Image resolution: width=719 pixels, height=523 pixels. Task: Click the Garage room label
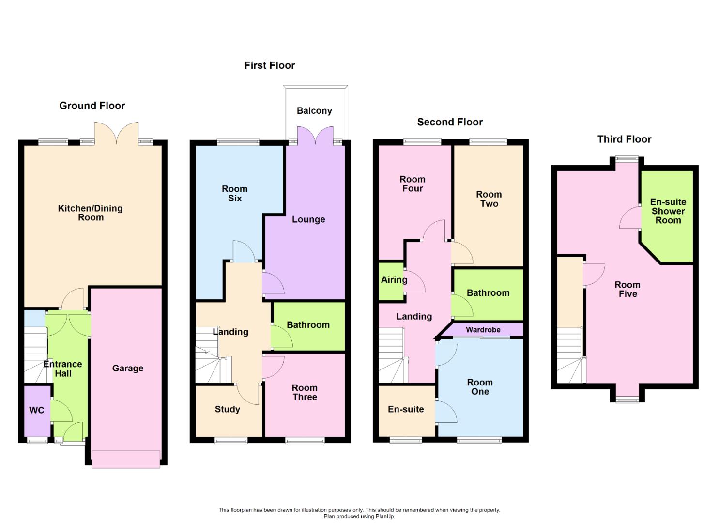pos(128,368)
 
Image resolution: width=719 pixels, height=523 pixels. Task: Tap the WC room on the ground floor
pos(37,411)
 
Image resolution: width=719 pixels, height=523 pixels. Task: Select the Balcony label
pos(314,111)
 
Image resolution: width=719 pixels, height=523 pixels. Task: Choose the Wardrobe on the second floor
pos(483,330)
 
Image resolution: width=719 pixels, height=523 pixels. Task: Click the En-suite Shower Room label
pos(668,211)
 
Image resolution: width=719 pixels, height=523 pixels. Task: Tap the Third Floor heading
pos(624,139)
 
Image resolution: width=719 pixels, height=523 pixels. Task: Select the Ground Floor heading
pos(92,106)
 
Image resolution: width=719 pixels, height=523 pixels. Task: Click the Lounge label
pos(308,219)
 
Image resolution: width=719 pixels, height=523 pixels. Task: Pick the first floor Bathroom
pos(308,326)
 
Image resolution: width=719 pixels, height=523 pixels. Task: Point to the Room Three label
pos(305,392)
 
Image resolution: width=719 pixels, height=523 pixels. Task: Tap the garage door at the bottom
pos(126,460)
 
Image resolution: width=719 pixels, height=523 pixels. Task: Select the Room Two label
pos(489,199)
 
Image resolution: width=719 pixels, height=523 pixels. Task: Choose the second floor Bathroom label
pos(488,293)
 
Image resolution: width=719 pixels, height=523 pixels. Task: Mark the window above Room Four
pos(422,142)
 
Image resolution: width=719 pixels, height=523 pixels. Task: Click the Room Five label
pos(627,289)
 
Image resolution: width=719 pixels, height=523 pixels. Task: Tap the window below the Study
pos(231,441)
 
